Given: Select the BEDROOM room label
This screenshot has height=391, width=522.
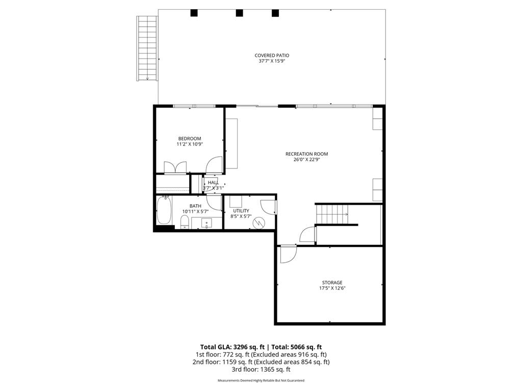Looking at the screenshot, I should point(189,138).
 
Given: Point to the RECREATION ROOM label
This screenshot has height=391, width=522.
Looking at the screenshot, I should point(306,154).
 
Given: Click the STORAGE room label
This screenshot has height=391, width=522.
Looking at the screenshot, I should point(332,283).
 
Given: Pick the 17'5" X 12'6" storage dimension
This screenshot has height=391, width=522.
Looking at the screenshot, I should point(332,288).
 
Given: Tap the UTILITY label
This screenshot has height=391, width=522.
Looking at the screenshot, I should point(241,211).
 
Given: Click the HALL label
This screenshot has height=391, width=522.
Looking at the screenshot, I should point(213,182).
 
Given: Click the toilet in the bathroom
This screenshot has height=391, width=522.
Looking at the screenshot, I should point(185,222).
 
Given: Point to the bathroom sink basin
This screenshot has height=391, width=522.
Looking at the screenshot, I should point(206,222).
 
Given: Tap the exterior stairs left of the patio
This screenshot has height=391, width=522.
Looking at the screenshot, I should point(146,48).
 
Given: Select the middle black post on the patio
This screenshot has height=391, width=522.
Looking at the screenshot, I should point(239,13).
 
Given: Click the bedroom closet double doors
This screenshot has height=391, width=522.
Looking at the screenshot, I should point(175,167).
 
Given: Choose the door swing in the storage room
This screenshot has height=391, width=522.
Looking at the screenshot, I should point(288,254).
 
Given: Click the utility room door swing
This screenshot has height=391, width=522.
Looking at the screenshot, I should point(268,207).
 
